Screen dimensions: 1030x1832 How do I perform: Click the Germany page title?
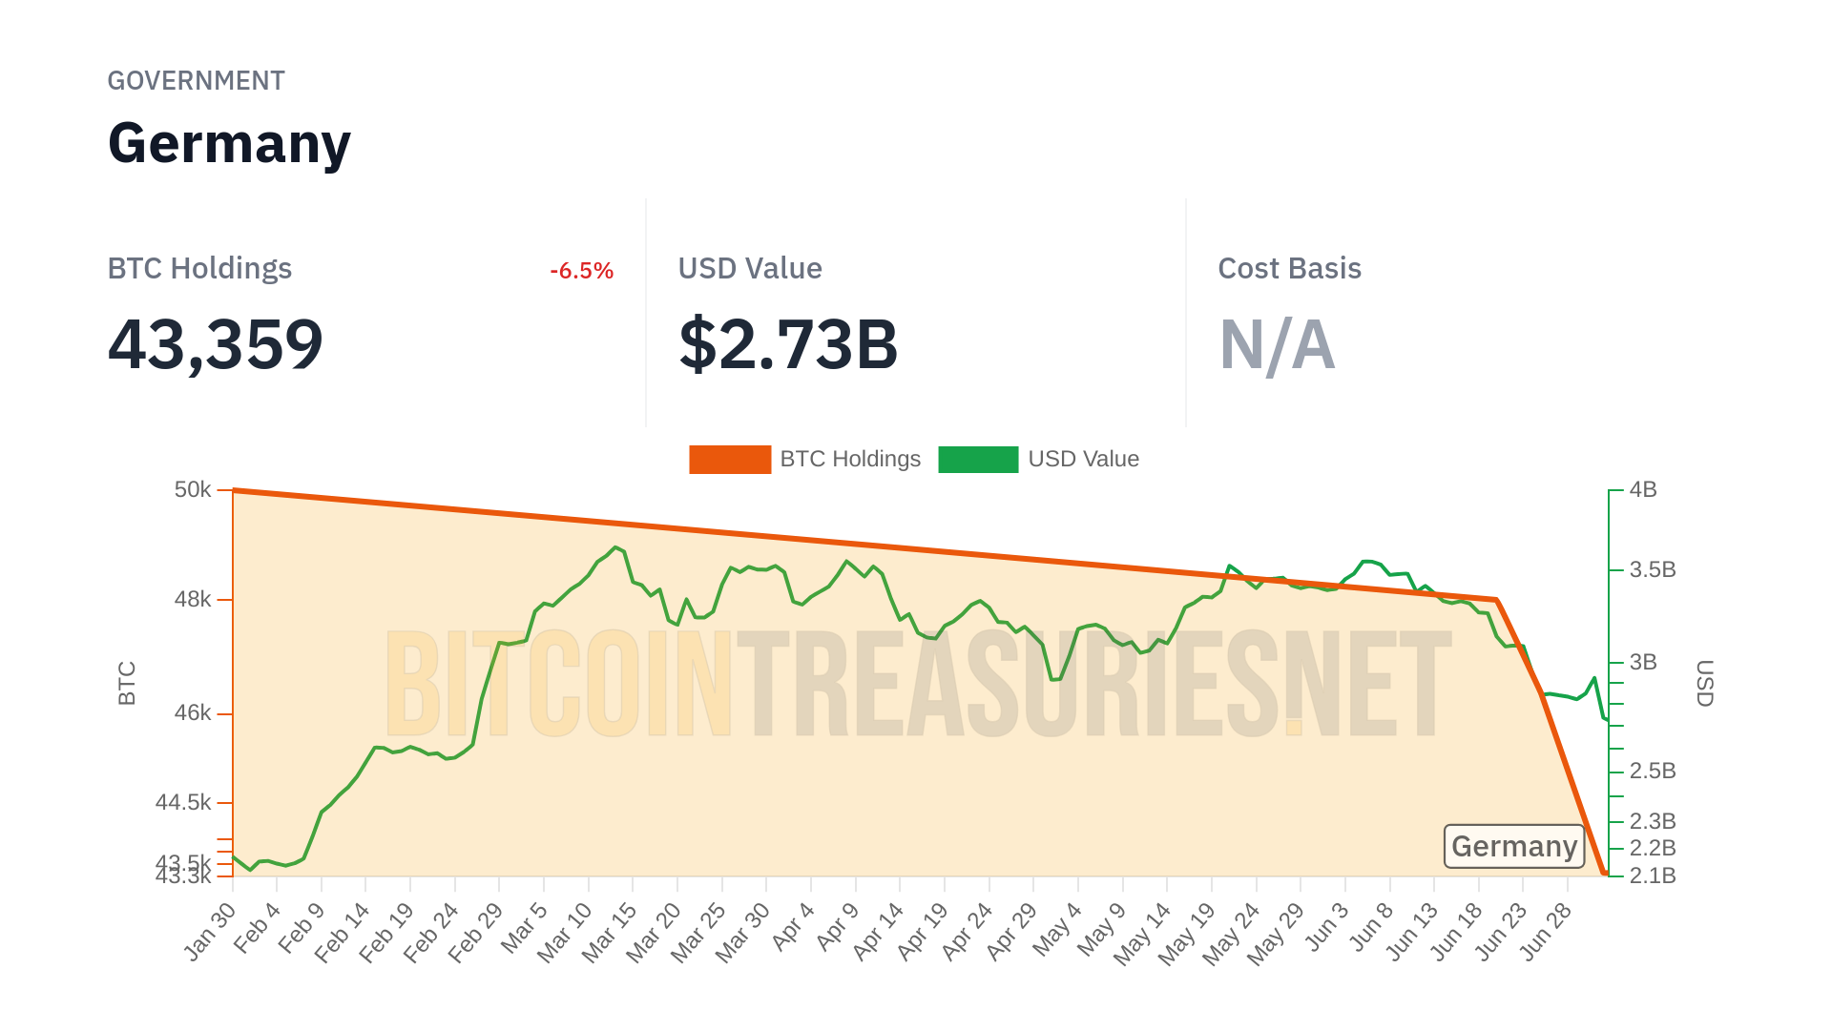(x=229, y=144)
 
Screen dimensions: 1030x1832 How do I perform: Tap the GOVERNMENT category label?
(x=196, y=81)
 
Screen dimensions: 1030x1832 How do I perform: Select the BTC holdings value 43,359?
(x=216, y=344)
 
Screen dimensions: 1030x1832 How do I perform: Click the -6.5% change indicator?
(x=581, y=271)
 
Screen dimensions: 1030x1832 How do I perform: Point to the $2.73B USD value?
(x=788, y=344)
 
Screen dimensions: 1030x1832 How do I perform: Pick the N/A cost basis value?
(x=1277, y=344)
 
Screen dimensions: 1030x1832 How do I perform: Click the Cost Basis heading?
(x=1289, y=269)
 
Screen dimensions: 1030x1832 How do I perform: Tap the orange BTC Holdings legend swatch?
(x=730, y=460)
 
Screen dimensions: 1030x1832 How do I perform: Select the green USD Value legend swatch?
(x=978, y=460)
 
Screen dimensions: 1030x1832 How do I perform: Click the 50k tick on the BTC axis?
(x=193, y=490)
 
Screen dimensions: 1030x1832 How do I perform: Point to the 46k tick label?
(x=193, y=713)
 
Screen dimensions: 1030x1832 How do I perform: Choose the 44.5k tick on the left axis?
(x=183, y=803)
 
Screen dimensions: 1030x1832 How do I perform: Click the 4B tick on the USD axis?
(x=1643, y=490)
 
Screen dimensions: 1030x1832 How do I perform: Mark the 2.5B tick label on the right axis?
(x=1653, y=771)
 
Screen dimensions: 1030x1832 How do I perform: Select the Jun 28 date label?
(x=1546, y=932)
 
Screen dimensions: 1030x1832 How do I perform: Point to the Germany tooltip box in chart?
(x=1514, y=847)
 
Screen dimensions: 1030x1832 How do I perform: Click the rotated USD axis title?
(x=1705, y=683)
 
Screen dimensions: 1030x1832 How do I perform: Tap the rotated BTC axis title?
(x=127, y=683)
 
